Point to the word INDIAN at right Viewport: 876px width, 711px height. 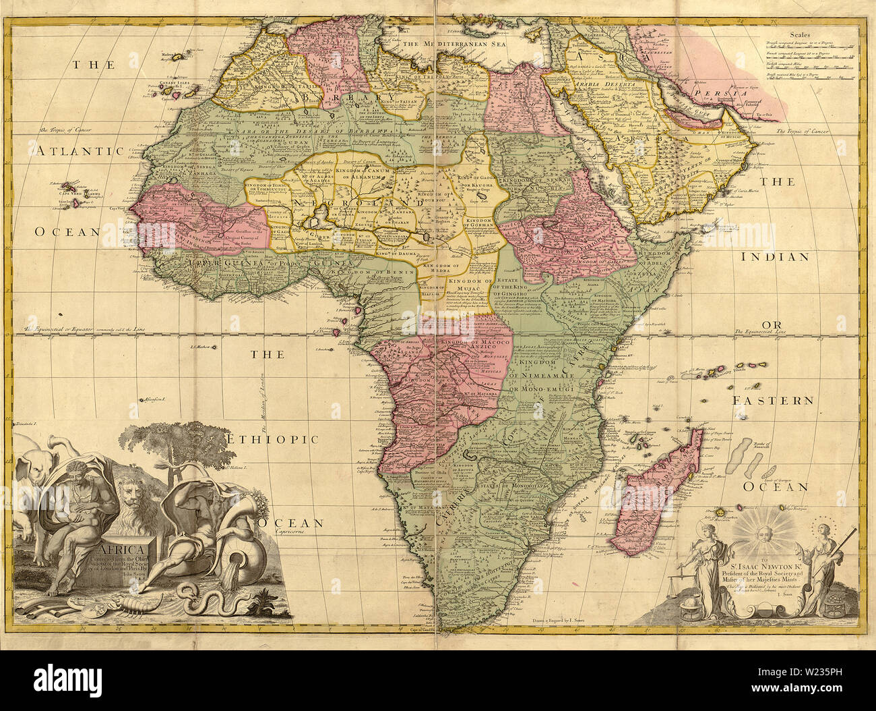pos(774,256)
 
